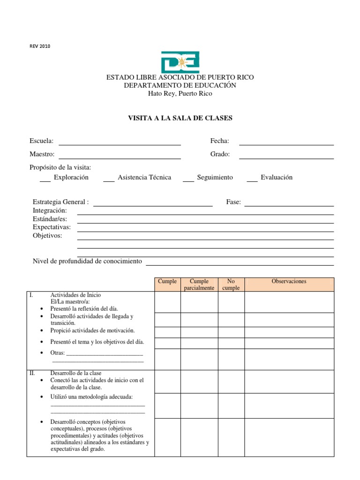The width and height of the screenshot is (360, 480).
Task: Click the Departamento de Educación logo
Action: click(x=180, y=62)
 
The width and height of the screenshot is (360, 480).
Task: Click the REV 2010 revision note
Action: click(x=39, y=46)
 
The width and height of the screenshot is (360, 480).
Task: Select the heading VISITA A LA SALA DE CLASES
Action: click(x=180, y=118)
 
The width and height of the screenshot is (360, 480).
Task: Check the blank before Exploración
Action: click(x=45, y=180)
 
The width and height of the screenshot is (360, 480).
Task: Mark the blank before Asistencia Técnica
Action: click(x=109, y=180)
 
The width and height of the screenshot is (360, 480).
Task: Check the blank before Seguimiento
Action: click(x=188, y=180)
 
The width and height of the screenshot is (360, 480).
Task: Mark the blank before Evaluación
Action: click(x=252, y=180)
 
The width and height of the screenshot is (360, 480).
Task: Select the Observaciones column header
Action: click(x=289, y=282)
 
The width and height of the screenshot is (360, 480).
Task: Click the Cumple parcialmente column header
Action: click(x=199, y=285)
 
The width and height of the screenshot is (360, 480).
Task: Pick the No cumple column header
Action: click(x=231, y=285)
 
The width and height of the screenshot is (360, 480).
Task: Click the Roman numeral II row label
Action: click(x=32, y=373)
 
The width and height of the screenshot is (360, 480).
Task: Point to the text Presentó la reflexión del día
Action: click(x=84, y=308)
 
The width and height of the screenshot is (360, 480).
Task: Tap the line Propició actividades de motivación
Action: click(x=92, y=330)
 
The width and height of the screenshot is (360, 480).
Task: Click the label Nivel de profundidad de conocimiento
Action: click(x=87, y=261)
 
